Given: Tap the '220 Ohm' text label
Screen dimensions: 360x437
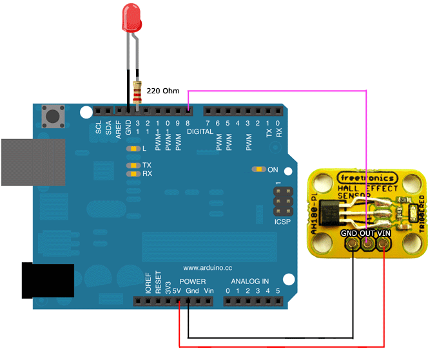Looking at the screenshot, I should click(163, 91).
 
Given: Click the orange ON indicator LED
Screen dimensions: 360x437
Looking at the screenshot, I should click(258, 169).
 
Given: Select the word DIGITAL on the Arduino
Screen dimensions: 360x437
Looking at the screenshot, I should click(199, 131).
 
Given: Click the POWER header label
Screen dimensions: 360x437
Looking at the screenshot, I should click(193, 281).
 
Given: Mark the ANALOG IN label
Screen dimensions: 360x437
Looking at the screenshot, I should click(250, 281).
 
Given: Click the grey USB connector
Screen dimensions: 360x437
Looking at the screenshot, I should click(32, 162).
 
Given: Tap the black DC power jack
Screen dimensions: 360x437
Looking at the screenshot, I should click(43, 279).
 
